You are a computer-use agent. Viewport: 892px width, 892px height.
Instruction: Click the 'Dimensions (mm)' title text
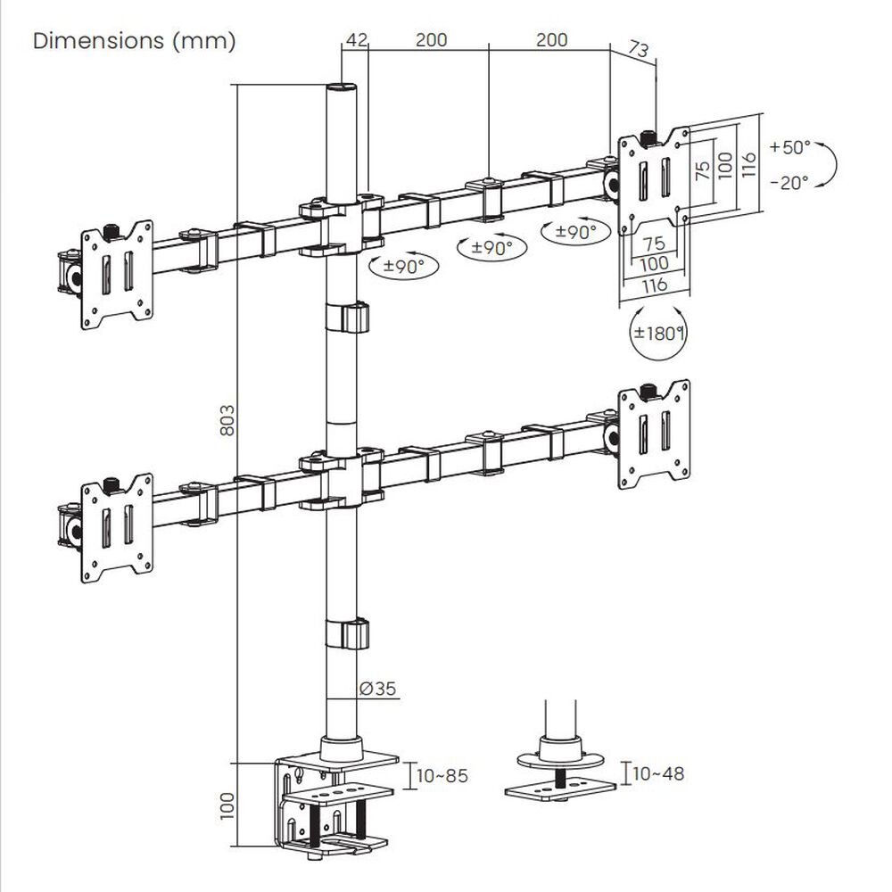[x=134, y=42]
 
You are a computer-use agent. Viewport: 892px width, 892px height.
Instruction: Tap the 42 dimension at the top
[x=355, y=40]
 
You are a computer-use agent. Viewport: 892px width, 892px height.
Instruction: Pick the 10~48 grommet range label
[x=659, y=773]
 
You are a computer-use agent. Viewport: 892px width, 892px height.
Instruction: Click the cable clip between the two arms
[x=346, y=318]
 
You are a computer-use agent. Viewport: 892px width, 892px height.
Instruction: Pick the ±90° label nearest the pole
[x=398, y=266]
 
